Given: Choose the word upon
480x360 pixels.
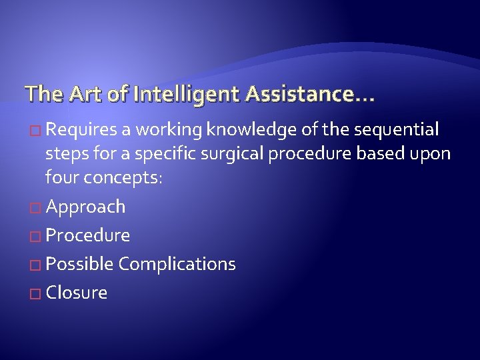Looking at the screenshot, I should click(x=431, y=153).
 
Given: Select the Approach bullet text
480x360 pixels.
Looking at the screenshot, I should click(x=85, y=207).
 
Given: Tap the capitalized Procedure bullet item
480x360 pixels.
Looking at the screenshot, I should click(x=88, y=235).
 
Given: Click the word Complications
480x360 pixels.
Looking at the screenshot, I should click(x=177, y=264).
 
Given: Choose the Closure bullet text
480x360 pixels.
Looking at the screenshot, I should click(x=76, y=293).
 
